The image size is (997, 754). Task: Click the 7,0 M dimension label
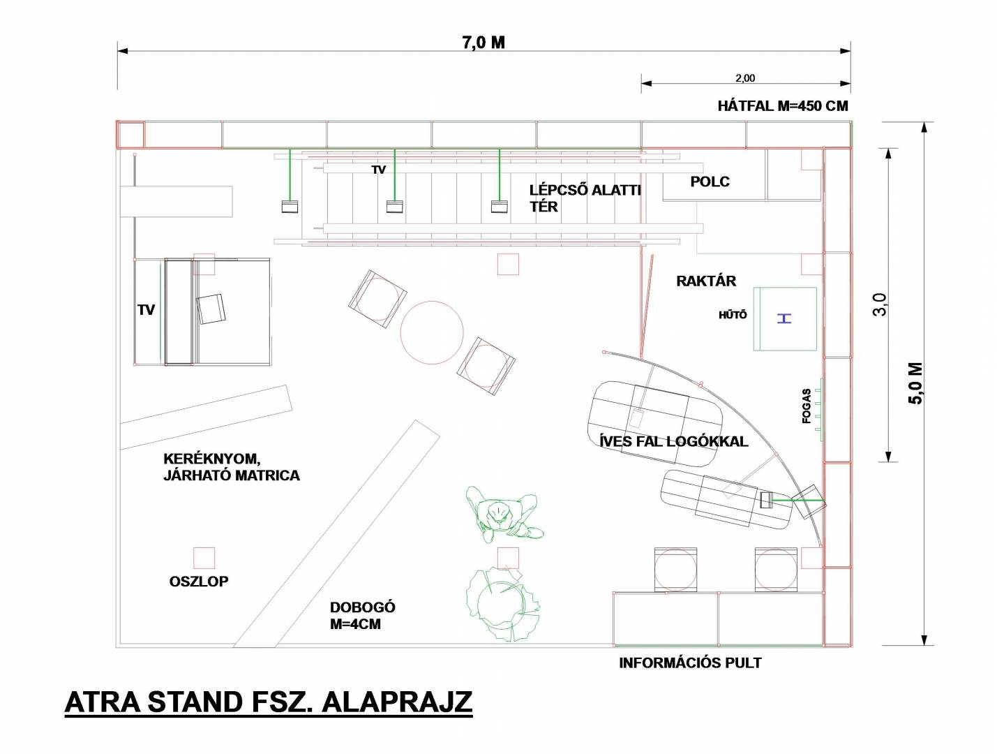[483, 43]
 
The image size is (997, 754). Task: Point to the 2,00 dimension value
[745, 78]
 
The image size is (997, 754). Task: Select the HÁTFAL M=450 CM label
[783, 106]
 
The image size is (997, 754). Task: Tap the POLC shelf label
[710, 182]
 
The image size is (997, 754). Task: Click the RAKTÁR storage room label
[706, 281]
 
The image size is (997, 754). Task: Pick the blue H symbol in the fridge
[784, 318]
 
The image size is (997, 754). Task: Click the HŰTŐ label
[733, 314]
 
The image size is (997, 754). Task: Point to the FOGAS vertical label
[807, 406]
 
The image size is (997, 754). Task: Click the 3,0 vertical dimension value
[880, 304]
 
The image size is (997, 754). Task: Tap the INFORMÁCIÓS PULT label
[690, 663]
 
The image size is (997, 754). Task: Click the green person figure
[504, 515]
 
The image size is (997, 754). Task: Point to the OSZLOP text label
[198, 582]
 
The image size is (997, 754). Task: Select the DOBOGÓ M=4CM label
[363, 615]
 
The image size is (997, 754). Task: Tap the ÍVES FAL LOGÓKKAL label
[673, 441]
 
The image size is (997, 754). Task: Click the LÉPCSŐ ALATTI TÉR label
[585, 198]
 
